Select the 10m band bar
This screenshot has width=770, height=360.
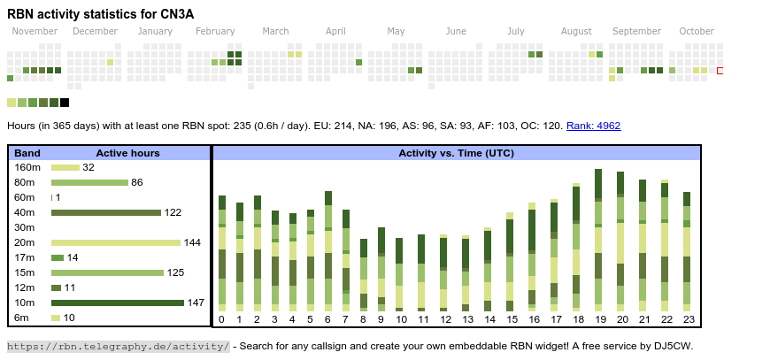pos(117,303)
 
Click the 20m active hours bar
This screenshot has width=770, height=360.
pos(116,242)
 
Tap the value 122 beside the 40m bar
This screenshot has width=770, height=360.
pos(173,212)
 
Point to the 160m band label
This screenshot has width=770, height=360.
pos(27,167)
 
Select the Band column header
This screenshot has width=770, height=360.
pos(27,153)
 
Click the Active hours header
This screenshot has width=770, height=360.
pos(127,153)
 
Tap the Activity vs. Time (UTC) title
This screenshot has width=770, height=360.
pos(456,153)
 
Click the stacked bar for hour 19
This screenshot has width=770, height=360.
pos(598,239)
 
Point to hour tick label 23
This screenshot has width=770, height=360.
pos(687,319)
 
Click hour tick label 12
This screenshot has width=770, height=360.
pos(443,319)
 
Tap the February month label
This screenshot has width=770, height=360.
pos(215,32)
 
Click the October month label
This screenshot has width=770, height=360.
pos(697,32)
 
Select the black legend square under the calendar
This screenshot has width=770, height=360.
pos(65,103)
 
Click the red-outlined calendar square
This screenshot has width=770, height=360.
pos(720,70)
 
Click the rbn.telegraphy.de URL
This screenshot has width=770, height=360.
pos(119,346)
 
